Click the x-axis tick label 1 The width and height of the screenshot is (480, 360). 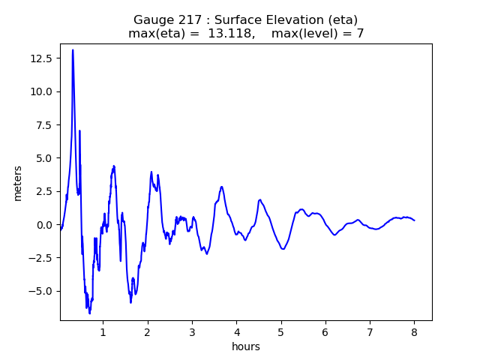click(103, 331)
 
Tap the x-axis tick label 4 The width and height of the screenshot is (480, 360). click(236, 331)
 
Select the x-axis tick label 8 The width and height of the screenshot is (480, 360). click(414, 331)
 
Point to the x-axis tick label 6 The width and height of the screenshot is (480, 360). click(325, 331)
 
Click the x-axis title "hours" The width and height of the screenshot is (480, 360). click(246, 346)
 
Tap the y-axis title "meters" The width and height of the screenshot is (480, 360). click(18, 183)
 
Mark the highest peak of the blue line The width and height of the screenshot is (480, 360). click(73, 50)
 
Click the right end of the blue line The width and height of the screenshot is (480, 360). click(414, 220)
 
